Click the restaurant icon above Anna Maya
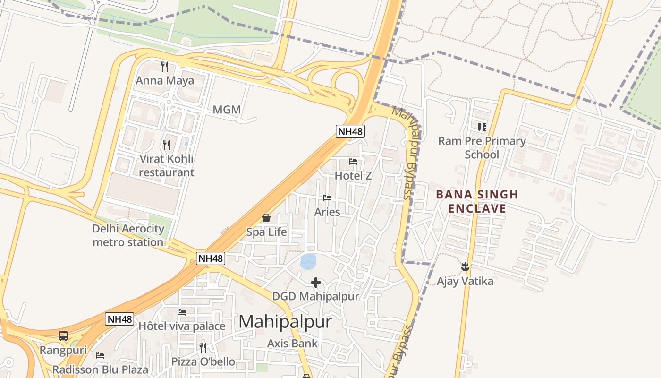tap(165, 66)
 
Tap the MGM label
tap(227, 110)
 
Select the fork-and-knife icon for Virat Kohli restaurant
tap(166, 145)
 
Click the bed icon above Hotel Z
tap(353, 162)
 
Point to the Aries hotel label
tap(327, 212)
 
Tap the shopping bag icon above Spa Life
tap(266, 218)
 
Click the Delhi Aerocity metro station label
tap(128, 235)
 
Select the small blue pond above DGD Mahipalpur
tap(308, 261)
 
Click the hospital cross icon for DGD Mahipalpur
tap(316, 283)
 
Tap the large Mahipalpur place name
tap(285, 322)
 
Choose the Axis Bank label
tap(292, 344)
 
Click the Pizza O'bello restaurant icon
tap(203, 348)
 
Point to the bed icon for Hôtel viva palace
tap(182, 312)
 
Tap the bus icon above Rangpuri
tap(63, 336)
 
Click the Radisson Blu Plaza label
tap(100, 369)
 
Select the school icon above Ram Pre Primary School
tap(482, 127)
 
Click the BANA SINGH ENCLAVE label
tap(477, 201)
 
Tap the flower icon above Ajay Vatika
tap(466, 267)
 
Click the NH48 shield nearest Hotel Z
tap(350, 131)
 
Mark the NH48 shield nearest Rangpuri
tap(119, 319)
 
